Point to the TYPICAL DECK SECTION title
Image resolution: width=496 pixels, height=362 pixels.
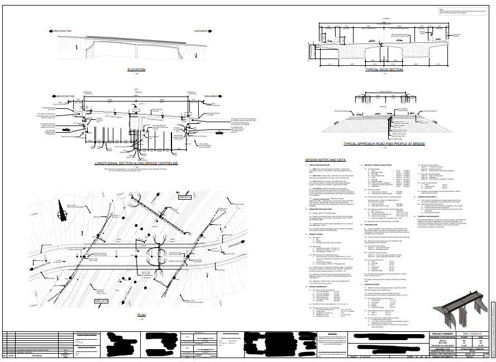[x=384, y=70]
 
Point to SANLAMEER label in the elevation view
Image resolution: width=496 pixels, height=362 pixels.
[x=202, y=31]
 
